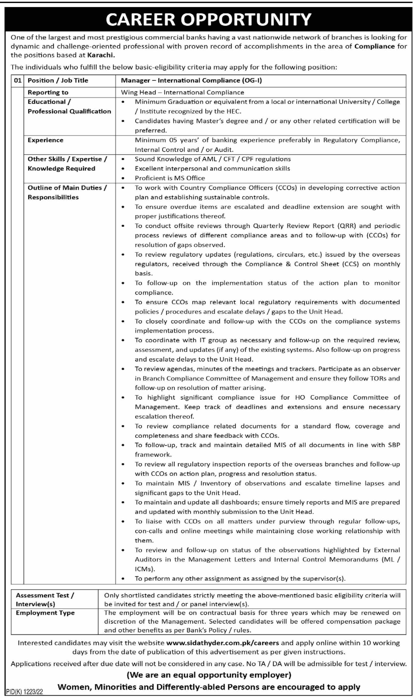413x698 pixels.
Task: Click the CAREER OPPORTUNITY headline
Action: [208, 19]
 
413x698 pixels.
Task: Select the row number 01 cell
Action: [17, 81]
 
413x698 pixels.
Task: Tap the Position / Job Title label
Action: [58, 81]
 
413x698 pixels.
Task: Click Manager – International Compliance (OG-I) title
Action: [191, 81]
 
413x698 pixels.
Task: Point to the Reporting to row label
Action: [48, 92]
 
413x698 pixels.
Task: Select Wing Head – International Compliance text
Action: [182, 92]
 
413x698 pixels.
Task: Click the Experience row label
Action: [45, 140]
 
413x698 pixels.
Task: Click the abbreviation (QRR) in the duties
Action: [346, 226]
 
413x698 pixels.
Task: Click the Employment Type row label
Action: [45, 613]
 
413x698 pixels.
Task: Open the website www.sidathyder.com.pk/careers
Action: [222, 643]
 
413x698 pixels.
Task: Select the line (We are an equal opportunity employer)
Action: [209, 675]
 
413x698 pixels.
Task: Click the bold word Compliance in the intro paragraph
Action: [374, 46]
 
